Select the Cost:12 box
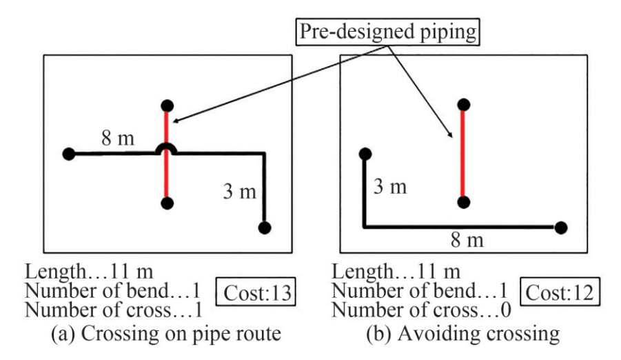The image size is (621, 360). [x=560, y=292]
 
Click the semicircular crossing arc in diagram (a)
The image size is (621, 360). [x=166, y=148]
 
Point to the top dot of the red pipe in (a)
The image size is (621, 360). [x=166, y=106]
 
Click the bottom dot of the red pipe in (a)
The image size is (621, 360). [x=166, y=203]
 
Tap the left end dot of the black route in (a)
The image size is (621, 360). [x=68, y=154]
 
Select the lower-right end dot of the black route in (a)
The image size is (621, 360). [x=265, y=227]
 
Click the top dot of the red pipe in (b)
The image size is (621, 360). [x=464, y=105]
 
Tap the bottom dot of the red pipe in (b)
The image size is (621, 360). [x=464, y=202]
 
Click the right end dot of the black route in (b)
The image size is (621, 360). [x=561, y=227]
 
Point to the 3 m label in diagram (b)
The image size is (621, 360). [x=390, y=186]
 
